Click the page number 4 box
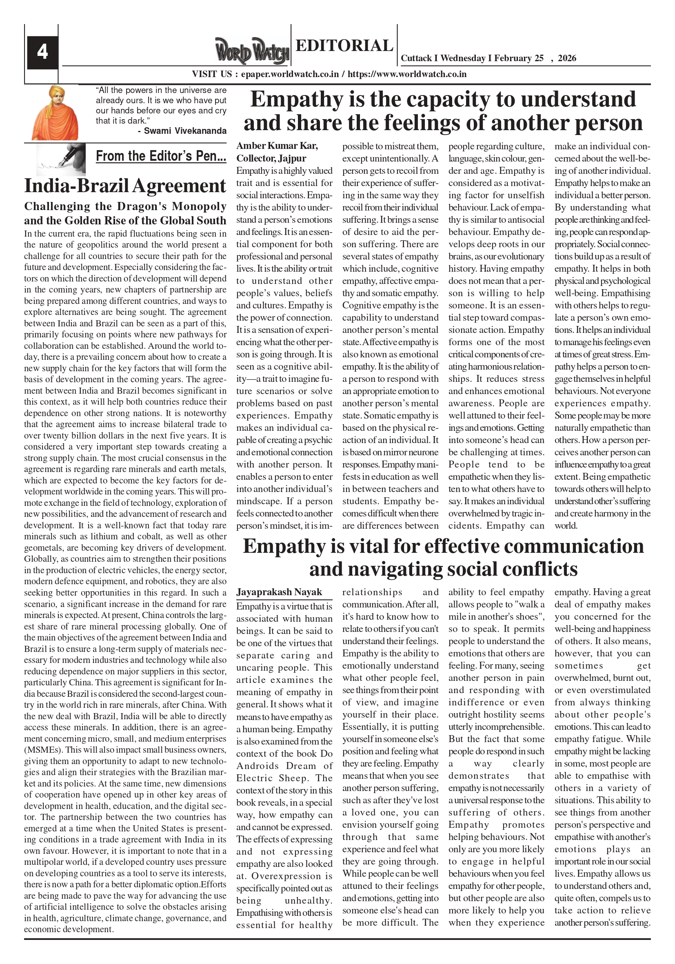pyautogui.click(x=42, y=53)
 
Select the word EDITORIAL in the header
pyautogui.click(x=344, y=45)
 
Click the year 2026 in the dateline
pyautogui.click(x=566, y=58)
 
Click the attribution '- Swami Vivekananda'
pyautogui.click(x=182, y=131)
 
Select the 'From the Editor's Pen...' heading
pyautogui.click(x=161, y=156)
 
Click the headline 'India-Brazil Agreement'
pyautogui.click(x=125, y=186)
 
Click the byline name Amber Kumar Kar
pyautogui.click(x=277, y=146)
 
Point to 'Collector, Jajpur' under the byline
pyautogui.click(x=271, y=158)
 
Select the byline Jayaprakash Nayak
pyautogui.click(x=279, y=592)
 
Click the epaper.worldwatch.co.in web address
pyautogui.click(x=290, y=74)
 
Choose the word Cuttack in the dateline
pyautogui.click(x=416, y=58)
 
